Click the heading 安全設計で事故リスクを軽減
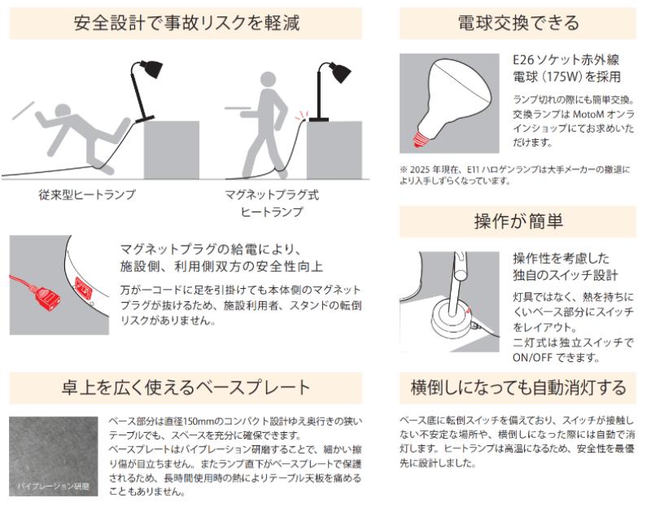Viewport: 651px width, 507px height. point(186,23)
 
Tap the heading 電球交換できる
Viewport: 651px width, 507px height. point(518,23)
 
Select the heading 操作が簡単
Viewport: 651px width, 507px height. point(518,221)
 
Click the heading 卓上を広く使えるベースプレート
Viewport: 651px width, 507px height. point(186,387)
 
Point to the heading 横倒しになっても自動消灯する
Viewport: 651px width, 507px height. point(518,387)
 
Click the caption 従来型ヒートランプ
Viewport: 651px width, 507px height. point(87,194)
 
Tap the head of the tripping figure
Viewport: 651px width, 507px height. point(64,112)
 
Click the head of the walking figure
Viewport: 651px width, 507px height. point(269,81)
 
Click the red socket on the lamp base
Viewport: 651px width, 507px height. point(84,287)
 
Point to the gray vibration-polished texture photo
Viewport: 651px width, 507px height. point(54,457)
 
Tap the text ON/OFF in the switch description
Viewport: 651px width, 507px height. point(532,357)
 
